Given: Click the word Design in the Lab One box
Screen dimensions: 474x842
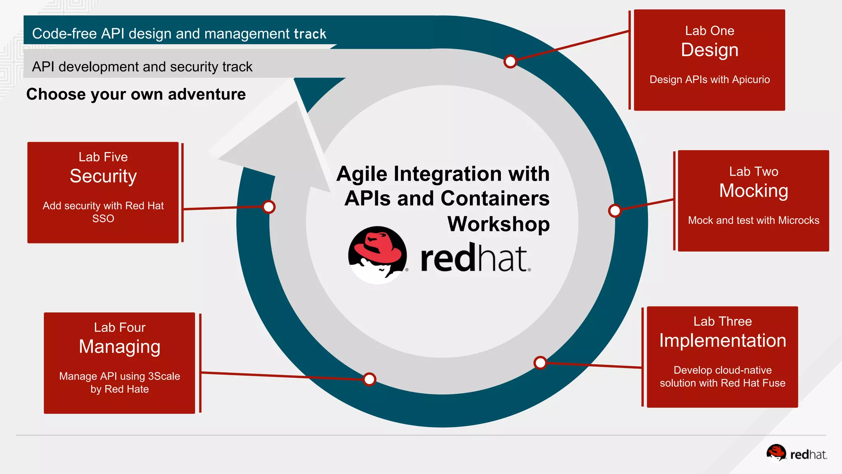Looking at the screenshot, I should click(710, 50).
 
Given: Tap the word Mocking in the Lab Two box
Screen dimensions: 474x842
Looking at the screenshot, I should click(754, 191).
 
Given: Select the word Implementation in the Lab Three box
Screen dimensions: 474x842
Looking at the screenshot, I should click(722, 341).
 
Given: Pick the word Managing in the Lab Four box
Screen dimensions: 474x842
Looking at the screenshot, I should click(120, 347).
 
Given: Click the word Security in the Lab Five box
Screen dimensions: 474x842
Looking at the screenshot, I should click(103, 177).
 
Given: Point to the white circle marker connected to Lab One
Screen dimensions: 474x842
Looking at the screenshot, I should click(510, 62).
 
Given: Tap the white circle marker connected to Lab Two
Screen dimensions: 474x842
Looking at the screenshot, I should click(615, 211).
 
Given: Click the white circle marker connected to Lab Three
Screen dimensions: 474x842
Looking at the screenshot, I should click(540, 363).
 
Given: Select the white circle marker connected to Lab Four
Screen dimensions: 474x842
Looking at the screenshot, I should click(370, 379).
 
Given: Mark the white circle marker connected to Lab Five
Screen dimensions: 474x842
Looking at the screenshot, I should click(269, 207).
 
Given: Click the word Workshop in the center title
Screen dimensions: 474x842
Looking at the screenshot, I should click(498, 224).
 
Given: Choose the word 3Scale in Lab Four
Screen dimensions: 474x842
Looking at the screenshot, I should click(164, 376).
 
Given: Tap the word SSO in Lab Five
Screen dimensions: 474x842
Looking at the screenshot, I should click(103, 218).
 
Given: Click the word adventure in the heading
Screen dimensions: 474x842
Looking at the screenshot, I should click(207, 95).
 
